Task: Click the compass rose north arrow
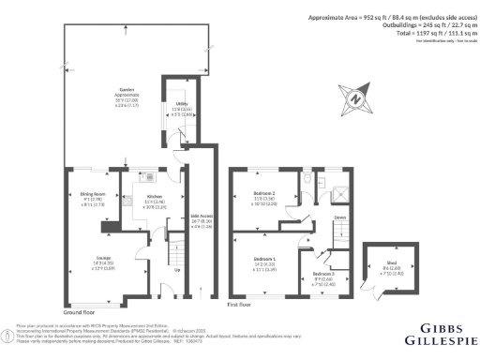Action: tap(354, 97)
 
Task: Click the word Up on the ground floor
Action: tap(179, 272)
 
